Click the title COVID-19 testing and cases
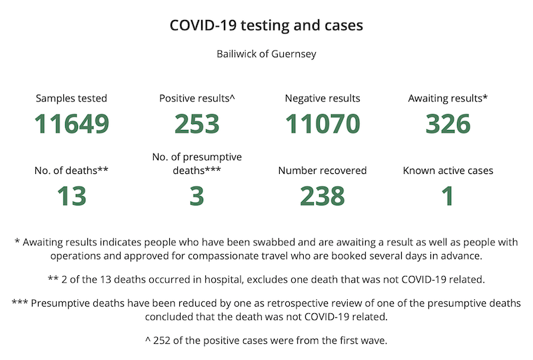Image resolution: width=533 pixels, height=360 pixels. click(266, 25)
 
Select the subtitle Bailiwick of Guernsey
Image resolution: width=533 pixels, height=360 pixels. click(266, 54)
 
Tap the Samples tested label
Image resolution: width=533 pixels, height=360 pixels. click(71, 99)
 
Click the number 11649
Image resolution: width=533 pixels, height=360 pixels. click(72, 124)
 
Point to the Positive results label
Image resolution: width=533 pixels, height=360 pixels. click(197, 99)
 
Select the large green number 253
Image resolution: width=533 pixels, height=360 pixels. click(197, 124)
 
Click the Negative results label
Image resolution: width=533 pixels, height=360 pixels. click(322, 99)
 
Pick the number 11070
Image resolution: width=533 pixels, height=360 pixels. click(322, 124)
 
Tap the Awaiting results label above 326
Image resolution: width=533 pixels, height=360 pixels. click(448, 99)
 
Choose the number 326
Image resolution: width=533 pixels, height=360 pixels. click(448, 124)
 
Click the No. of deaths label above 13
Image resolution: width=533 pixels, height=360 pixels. click(71, 171)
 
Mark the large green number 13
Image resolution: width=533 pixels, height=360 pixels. click(72, 196)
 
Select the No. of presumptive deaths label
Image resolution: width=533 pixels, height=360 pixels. click(197, 164)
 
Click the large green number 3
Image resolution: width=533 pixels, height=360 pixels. click(197, 196)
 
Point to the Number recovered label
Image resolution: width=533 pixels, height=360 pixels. click(322, 171)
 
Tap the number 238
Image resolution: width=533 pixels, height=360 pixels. click(322, 196)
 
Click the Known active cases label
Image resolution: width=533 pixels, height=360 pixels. click(448, 171)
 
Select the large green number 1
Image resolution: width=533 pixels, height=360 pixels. click(448, 196)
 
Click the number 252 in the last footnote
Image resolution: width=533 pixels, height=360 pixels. click(161, 340)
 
